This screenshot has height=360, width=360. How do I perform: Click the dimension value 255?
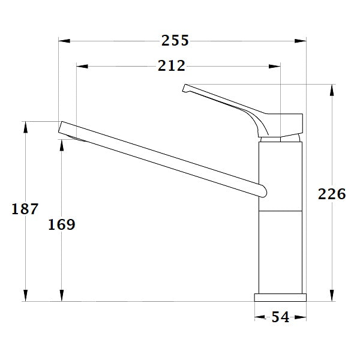coord(175,41)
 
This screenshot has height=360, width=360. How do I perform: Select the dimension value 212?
coord(172,66)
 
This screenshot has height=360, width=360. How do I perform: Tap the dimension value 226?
coord(331,194)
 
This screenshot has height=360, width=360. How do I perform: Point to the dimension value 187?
coord(25,209)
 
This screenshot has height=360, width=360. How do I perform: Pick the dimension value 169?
coord(61,224)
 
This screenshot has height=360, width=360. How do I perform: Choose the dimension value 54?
coord(280,317)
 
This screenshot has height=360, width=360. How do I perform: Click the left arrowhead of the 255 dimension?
coord(64,41)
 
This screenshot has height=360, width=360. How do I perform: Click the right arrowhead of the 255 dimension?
coord(301,41)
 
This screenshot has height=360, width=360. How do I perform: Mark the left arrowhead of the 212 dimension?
coord(83,66)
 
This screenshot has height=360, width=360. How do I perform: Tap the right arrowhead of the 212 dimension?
coord(275,66)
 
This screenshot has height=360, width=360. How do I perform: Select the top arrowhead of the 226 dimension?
coord(332,89)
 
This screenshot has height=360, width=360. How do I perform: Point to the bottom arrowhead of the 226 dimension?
coord(332,296)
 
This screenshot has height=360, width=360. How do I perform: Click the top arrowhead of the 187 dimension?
coord(25,127)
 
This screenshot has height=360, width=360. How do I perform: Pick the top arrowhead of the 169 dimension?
coord(61,145)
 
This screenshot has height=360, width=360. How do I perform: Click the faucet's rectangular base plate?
coord(280,297)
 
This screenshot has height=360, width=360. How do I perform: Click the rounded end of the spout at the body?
coord(262,190)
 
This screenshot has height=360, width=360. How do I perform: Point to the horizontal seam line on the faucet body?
coord(280,211)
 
